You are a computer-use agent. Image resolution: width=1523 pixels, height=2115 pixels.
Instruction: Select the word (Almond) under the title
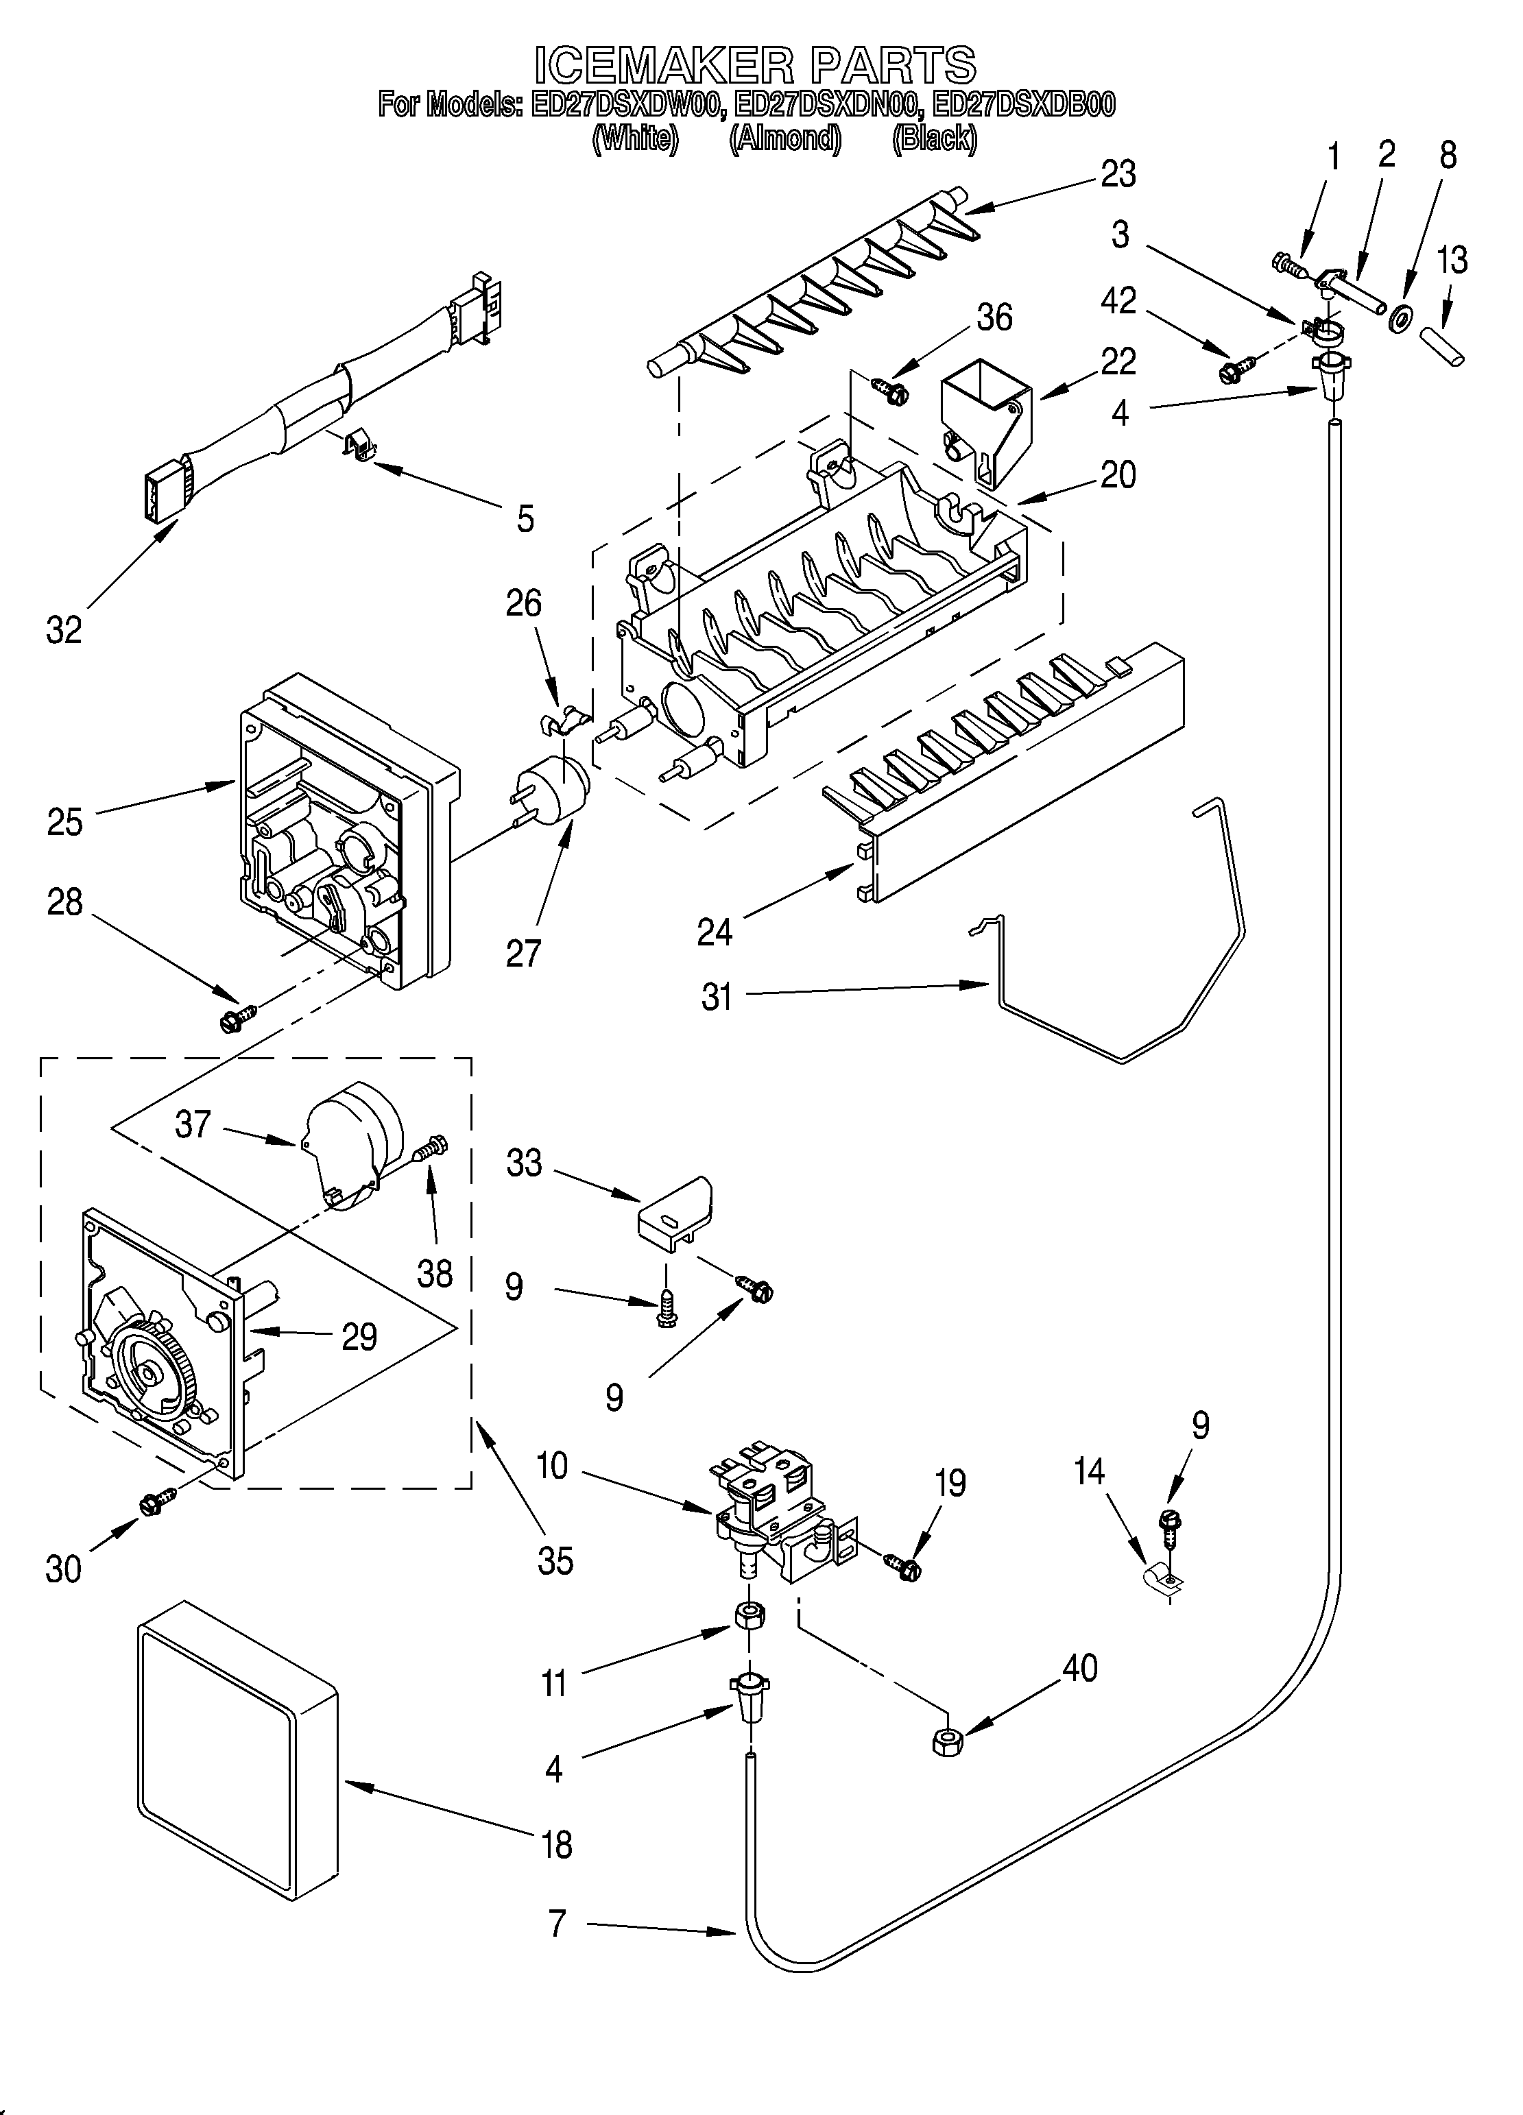[785, 139]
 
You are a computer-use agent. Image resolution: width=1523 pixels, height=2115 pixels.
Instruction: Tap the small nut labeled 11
[746, 1615]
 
